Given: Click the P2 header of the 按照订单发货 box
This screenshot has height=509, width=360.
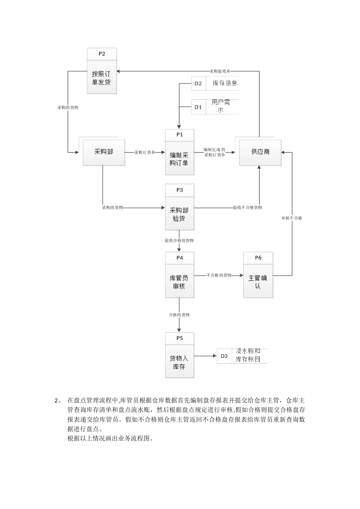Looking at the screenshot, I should pyautogui.click(x=102, y=54).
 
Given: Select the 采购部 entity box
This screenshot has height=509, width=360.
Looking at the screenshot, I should pyautogui.click(x=104, y=152).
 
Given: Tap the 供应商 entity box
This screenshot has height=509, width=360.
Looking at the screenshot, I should pyautogui.click(x=260, y=152).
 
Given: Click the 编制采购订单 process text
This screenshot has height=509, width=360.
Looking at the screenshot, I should pyautogui.click(x=179, y=159).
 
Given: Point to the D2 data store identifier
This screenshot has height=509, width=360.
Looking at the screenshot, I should pyautogui.click(x=198, y=84).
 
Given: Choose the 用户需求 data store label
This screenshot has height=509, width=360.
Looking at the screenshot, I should pyautogui.click(x=221, y=106).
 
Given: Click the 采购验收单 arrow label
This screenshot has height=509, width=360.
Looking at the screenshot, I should pyautogui.click(x=220, y=71).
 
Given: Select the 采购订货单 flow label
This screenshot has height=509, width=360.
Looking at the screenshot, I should pyautogui.click(x=145, y=152).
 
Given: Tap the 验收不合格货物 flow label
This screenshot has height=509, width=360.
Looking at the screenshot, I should pyautogui.click(x=247, y=208).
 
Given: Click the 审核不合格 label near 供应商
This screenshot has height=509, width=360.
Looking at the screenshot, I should pyautogui.click(x=292, y=218).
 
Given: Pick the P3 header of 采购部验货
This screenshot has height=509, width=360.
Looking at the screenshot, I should pyautogui.click(x=180, y=190).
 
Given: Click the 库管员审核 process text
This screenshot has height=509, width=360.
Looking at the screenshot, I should pyautogui.click(x=179, y=282).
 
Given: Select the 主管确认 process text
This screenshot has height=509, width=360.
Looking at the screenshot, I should pyautogui.click(x=258, y=282).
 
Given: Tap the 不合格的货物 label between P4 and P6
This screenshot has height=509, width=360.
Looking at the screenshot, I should pyautogui.click(x=219, y=275).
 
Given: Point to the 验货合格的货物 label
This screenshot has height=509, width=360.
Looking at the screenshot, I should pyautogui.click(x=179, y=240).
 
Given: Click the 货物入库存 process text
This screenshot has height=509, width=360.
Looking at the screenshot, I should pyautogui.click(x=179, y=362).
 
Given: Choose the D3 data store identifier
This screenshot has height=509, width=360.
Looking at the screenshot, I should pyautogui.click(x=224, y=356).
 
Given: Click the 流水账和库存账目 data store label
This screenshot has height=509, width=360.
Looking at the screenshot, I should pyautogui.click(x=248, y=355).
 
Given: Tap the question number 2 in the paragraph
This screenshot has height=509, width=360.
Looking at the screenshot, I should pyautogui.click(x=57, y=400).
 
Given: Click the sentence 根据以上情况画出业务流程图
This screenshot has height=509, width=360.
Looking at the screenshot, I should pyautogui.click(x=110, y=439).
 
